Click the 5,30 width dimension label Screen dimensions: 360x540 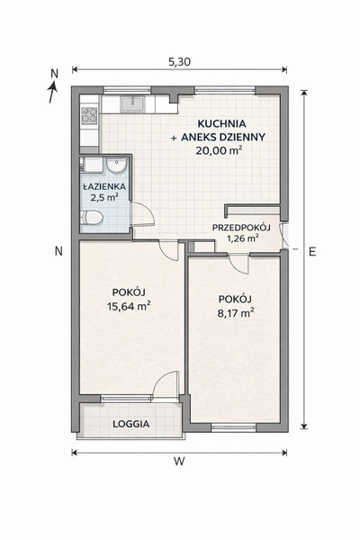tap(179, 62)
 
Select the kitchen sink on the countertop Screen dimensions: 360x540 tap(132, 103)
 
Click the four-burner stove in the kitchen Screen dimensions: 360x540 tap(89, 115)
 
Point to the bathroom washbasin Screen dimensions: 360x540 tap(116, 166)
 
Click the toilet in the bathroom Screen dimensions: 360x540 tap(92, 218)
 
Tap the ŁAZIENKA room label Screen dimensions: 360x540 tap(104, 187)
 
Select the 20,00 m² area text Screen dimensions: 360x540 tap(218, 150)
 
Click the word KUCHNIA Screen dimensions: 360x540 tap(221, 123)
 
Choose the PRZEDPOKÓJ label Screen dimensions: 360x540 tap(241, 228)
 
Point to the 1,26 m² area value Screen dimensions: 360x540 tap(243, 238)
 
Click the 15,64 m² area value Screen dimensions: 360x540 tap(129, 306)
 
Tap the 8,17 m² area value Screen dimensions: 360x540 tap(236, 313)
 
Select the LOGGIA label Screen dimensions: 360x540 tap(130, 424)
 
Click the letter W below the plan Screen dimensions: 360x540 tap(179, 462)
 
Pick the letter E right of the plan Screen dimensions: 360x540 tap(312, 252)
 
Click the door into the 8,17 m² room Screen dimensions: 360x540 tap(239, 265)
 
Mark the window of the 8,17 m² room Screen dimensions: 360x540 tap(234, 428)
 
